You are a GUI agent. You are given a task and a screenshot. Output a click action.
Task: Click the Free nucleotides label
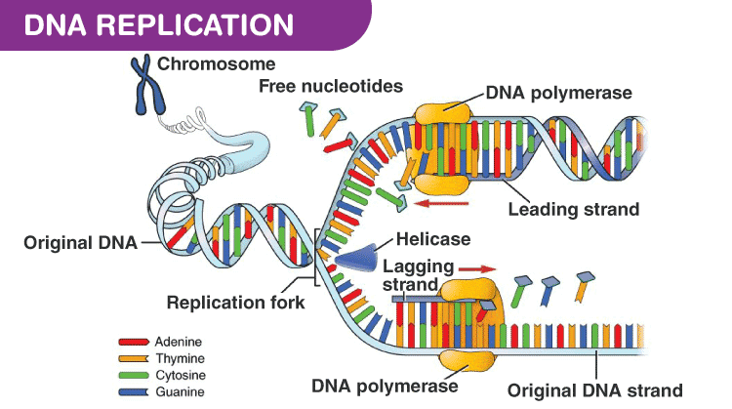(x=331, y=86)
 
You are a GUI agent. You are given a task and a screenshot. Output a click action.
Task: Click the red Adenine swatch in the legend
(x=133, y=342)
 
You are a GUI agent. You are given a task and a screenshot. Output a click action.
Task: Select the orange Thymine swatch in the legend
(x=133, y=358)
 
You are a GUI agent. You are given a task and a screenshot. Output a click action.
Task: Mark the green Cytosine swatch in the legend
(x=133, y=375)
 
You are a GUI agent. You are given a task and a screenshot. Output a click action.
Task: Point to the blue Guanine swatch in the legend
(x=133, y=391)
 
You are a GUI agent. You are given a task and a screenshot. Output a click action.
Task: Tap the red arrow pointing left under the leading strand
(x=445, y=204)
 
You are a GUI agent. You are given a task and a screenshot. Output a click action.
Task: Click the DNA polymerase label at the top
(x=559, y=94)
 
